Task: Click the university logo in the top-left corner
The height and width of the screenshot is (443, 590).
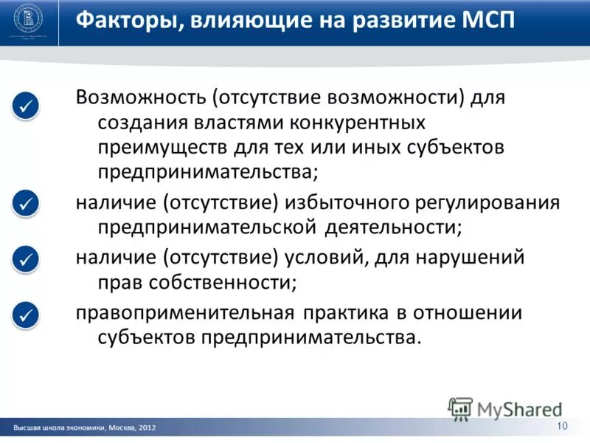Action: click(31, 22)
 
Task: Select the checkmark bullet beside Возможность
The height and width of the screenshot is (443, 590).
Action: click(26, 106)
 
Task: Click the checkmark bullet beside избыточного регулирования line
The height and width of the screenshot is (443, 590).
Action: click(26, 202)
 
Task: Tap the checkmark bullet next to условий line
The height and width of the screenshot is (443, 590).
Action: click(26, 259)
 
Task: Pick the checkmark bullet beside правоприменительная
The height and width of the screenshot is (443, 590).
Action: click(26, 315)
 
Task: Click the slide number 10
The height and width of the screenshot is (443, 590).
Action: click(562, 426)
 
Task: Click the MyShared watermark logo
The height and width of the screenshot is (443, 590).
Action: click(505, 408)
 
